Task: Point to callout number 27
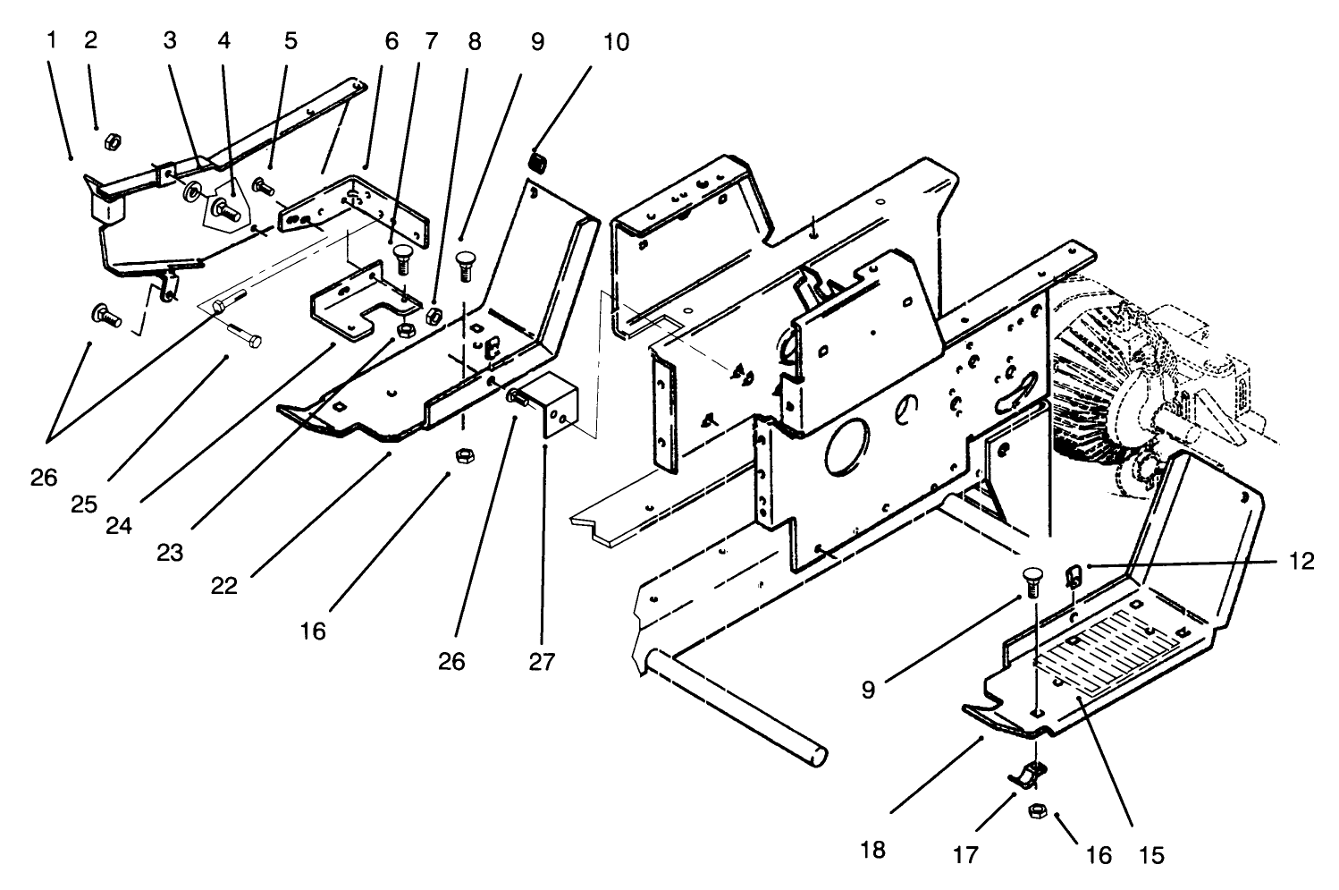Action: tap(542, 662)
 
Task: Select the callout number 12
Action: tap(1301, 562)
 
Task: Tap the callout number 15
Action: tap(1151, 855)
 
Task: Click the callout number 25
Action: tap(86, 504)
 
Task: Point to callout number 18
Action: tap(874, 848)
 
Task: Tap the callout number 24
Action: tap(118, 526)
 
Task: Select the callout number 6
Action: tap(391, 41)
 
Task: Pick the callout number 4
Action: tap(223, 41)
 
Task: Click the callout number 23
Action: tap(170, 553)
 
